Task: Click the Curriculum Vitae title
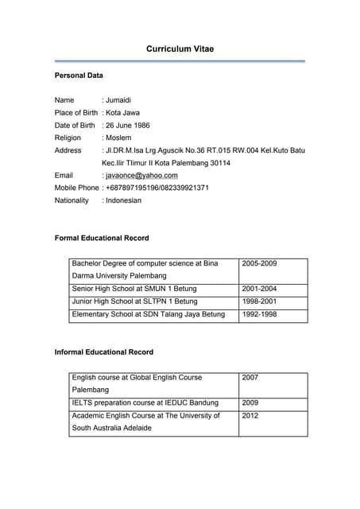tap(180, 49)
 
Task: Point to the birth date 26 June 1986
tap(128, 125)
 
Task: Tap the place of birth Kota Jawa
tap(122, 113)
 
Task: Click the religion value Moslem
tap(119, 138)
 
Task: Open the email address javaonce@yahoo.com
tap(141, 175)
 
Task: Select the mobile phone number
tap(157, 188)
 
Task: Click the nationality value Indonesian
tap(123, 200)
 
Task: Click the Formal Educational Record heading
tap(101, 238)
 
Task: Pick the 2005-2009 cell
tap(259, 263)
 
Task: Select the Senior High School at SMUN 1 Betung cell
tap(134, 289)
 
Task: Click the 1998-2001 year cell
tap(259, 301)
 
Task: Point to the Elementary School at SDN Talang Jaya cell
tap(149, 314)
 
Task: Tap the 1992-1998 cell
tap(259, 314)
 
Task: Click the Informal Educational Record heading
tap(103, 352)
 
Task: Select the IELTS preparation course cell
tap(145, 402)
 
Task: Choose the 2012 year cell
tap(250, 415)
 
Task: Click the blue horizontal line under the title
tap(180, 61)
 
